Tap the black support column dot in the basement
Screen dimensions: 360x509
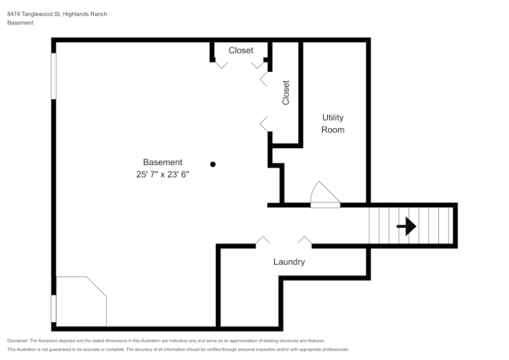tap(213, 164)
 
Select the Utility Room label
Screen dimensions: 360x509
tap(332, 124)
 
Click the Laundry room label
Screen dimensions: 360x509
tap(289, 262)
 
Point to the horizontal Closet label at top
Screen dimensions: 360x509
tap(241, 50)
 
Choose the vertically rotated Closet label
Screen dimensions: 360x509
tap(286, 93)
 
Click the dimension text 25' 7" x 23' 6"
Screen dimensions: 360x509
tap(162, 174)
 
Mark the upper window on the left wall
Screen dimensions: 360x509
tap(53, 76)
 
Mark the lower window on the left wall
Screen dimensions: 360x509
tap(53, 309)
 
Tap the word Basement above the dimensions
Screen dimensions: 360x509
tap(162, 162)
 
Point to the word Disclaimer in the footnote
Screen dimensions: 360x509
tap(18, 341)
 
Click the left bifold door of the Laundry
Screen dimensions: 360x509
tap(263, 240)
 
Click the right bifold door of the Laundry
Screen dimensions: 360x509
tap(304, 240)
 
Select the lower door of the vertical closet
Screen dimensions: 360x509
tap(264, 124)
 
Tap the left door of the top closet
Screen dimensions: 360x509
tap(221, 65)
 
